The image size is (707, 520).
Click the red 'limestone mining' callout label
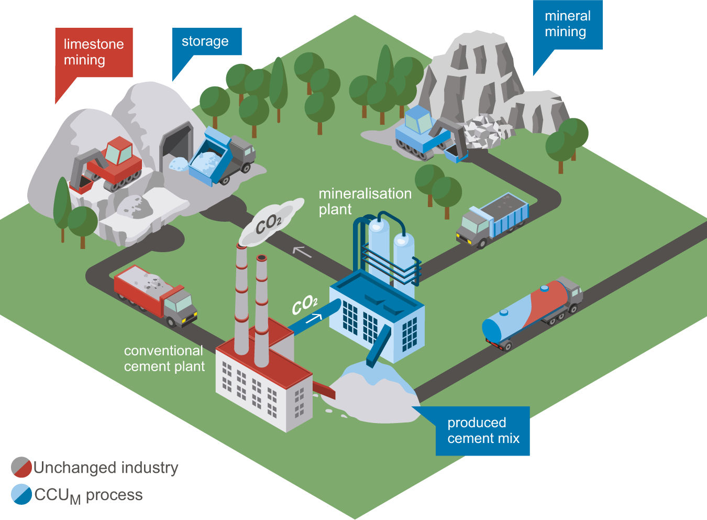pos(94,52)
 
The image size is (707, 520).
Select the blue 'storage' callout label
pos(206,41)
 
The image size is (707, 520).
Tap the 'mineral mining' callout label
pos(568,24)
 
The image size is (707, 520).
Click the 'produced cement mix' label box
pos(483,430)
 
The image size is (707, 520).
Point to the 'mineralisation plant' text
pos(364,201)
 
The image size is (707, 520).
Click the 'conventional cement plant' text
pos(164,359)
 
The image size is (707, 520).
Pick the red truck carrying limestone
pos(155,294)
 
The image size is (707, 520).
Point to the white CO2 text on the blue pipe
pos(304,304)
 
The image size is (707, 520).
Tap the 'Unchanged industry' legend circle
pos(21,467)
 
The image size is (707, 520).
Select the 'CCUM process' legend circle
pos(21,494)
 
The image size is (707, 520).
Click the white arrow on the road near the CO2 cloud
pos(302,252)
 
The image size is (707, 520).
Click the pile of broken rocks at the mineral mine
pos(484,131)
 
